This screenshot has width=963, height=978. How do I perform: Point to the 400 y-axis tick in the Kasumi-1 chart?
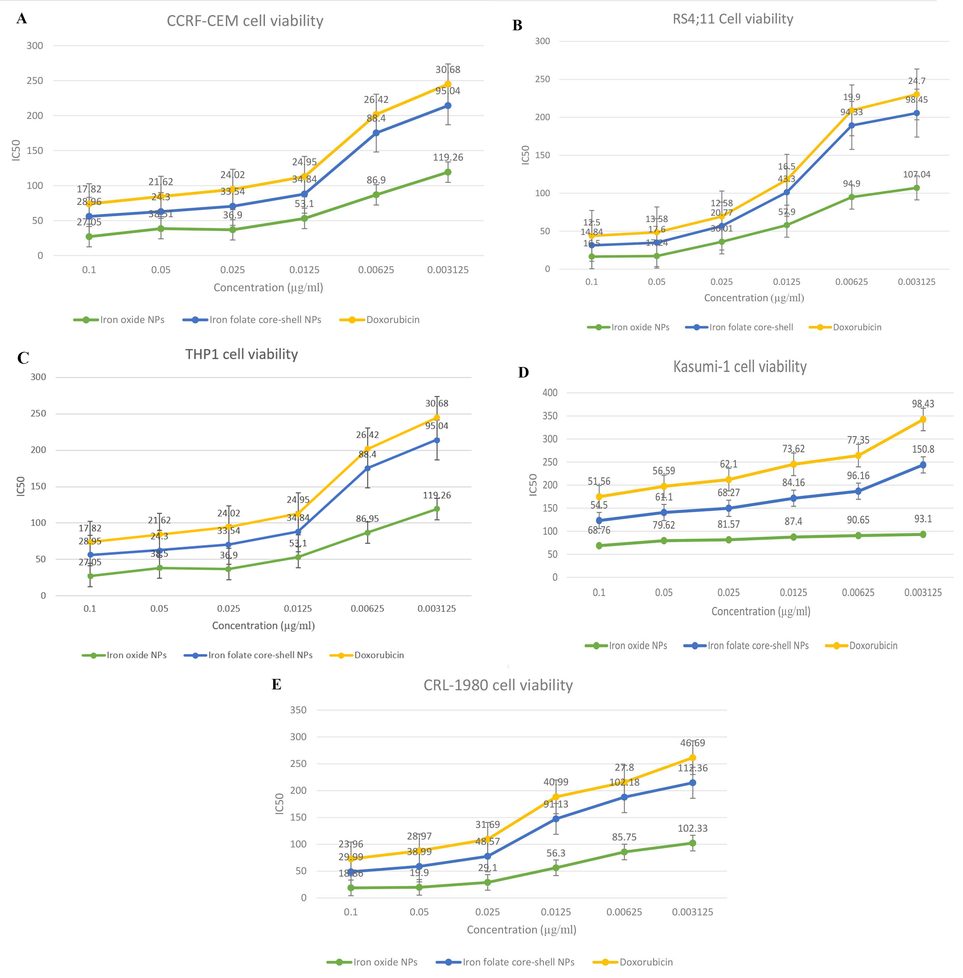point(550,393)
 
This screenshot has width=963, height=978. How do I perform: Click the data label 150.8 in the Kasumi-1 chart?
point(923,449)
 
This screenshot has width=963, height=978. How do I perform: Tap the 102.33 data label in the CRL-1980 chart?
point(693,828)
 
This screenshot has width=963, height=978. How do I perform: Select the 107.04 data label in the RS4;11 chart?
point(916,175)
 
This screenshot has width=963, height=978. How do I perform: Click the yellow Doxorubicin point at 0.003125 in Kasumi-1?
point(923,419)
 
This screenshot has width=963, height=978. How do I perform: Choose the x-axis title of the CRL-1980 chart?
point(521,929)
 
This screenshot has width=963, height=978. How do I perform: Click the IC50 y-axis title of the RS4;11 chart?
point(526,155)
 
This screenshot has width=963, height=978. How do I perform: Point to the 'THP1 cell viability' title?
point(241,354)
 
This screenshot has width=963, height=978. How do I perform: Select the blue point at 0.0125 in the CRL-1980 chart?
point(556,819)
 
